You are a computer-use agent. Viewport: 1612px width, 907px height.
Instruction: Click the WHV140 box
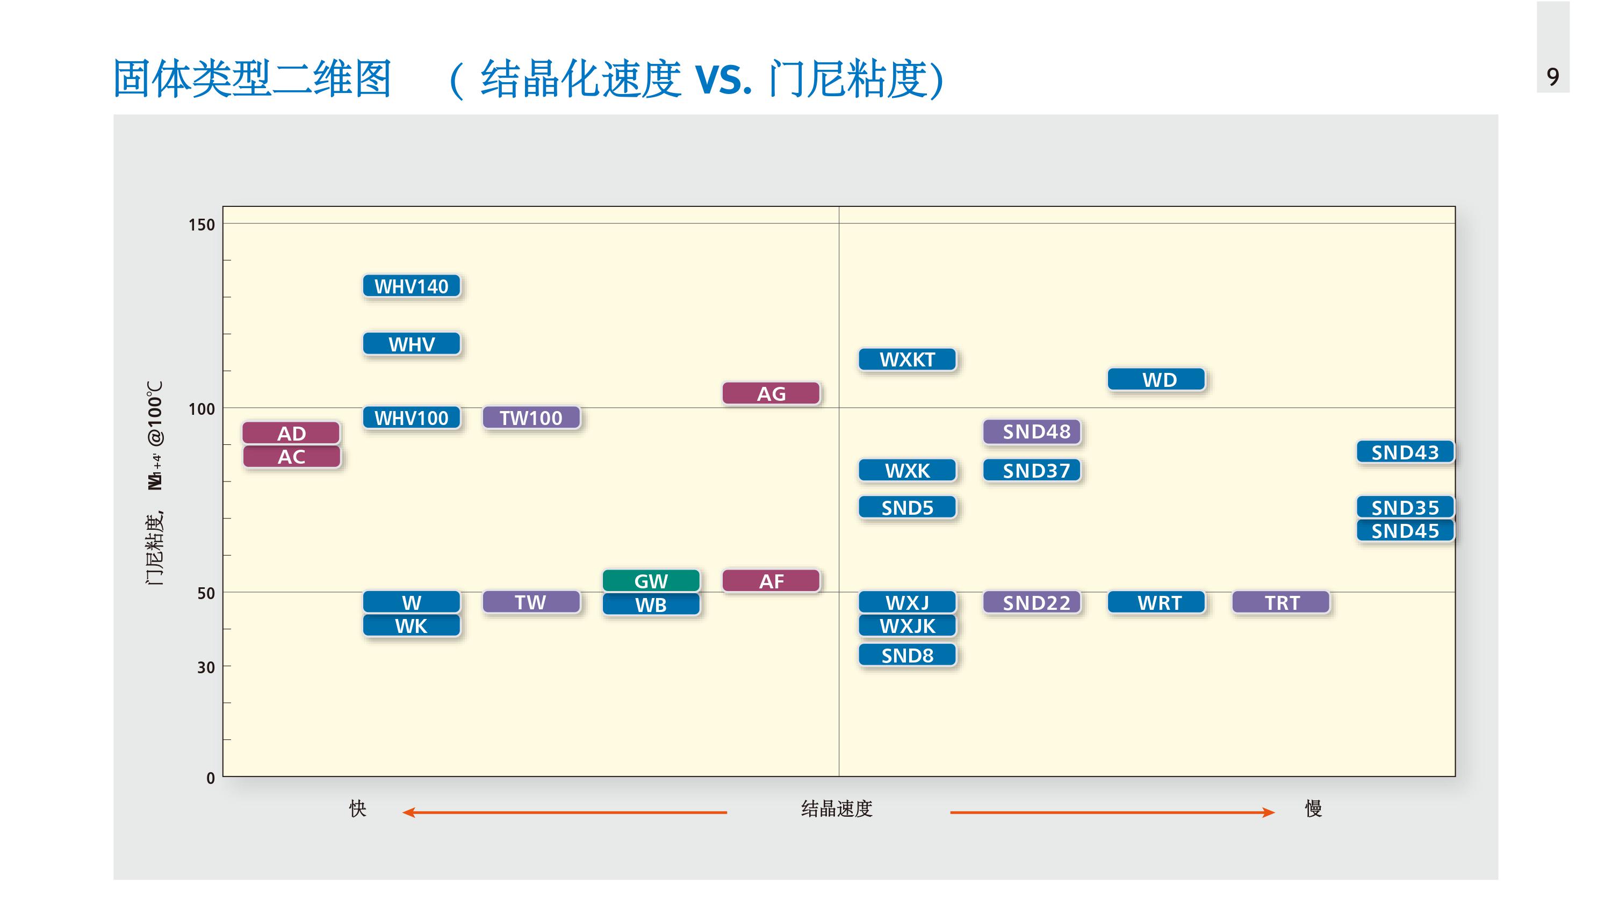(x=411, y=286)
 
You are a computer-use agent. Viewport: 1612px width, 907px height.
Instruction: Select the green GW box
(x=651, y=581)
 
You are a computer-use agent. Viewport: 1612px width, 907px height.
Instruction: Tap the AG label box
(x=771, y=394)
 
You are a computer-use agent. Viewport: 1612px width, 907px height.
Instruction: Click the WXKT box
(x=908, y=360)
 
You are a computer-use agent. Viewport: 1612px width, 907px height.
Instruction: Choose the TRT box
(x=1281, y=602)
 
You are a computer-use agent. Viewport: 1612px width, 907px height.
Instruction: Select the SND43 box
(x=1405, y=452)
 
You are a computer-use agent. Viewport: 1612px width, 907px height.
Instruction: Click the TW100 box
(x=531, y=417)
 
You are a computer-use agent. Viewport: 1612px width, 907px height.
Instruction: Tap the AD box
(x=291, y=433)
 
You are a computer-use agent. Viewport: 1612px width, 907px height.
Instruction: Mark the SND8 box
(x=908, y=656)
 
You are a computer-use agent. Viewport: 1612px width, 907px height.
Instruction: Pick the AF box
(x=771, y=581)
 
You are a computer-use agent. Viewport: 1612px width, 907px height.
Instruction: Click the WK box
(x=411, y=626)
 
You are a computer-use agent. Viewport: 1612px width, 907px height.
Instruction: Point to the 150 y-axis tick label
(x=201, y=225)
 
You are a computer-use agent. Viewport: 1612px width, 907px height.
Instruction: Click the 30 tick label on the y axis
(x=206, y=667)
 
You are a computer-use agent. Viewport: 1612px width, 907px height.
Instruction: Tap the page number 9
(x=1552, y=76)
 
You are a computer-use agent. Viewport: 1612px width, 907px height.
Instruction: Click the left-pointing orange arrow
(x=564, y=812)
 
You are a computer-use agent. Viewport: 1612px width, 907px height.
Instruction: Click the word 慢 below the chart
(x=1313, y=809)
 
